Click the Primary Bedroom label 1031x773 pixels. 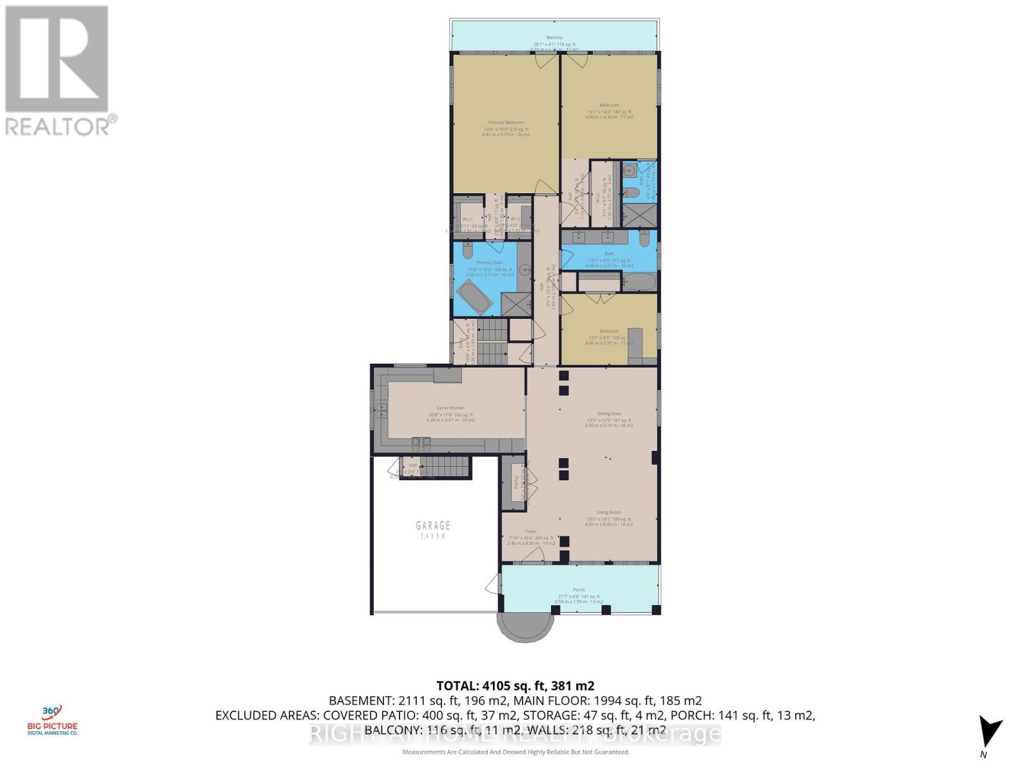[x=505, y=122]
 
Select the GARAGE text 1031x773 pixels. [x=432, y=526]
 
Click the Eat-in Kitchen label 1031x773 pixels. [x=450, y=408]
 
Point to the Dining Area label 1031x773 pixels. [x=609, y=414]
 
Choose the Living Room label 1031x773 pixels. [x=609, y=513]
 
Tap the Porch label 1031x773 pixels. [x=579, y=589]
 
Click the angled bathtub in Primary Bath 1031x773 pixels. [x=473, y=298]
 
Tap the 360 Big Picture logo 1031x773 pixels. [x=56, y=720]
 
